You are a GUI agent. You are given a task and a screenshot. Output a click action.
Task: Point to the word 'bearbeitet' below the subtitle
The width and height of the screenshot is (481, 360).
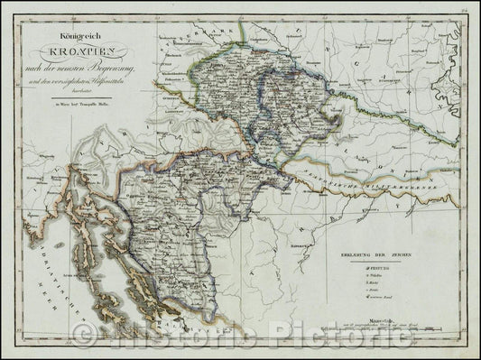coord(76,80)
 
